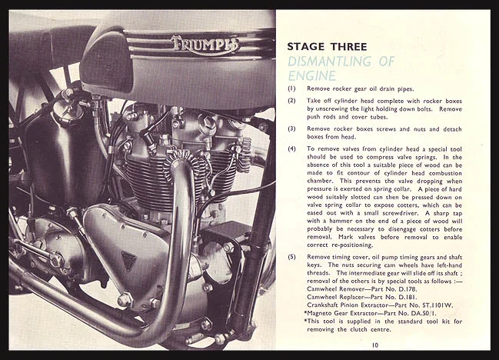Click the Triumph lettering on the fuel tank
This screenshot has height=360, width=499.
pyautogui.click(x=205, y=45)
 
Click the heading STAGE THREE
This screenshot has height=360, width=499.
pyautogui.click(x=322, y=45)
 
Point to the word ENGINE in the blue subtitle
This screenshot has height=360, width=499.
pyautogui.click(x=311, y=75)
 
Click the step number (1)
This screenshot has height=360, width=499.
pyautogui.click(x=292, y=89)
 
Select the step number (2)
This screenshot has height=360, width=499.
pyautogui.click(x=292, y=101)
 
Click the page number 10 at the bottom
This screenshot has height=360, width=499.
pyautogui.click(x=374, y=346)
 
